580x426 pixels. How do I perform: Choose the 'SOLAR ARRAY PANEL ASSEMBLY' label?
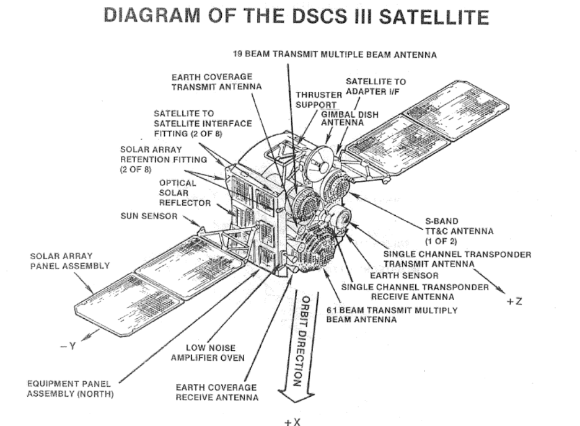69,260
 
